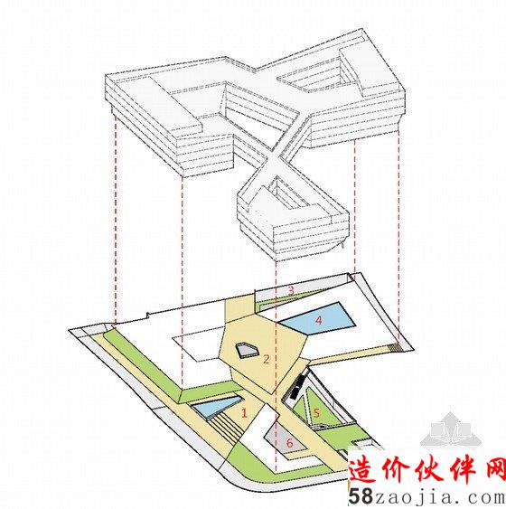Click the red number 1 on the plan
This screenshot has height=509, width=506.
coord(244,413)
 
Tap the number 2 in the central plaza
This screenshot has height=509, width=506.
coord(266,359)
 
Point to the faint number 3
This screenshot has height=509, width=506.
coord(291,290)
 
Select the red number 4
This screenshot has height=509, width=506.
coord(319,320)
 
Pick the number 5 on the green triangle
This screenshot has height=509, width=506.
coord(316,413)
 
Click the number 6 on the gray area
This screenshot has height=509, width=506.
coord(289,442)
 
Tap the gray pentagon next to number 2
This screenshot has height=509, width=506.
coord(248,350)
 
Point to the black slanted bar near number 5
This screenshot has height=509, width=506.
coord(298,386)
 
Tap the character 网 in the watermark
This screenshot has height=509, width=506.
coord(494,470)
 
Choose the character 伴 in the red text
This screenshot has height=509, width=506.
coord(461,470)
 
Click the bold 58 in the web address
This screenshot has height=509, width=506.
coord(360,496)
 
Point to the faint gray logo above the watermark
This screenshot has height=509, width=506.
coord(452,429)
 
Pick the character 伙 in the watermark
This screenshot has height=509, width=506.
coord(427,470)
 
